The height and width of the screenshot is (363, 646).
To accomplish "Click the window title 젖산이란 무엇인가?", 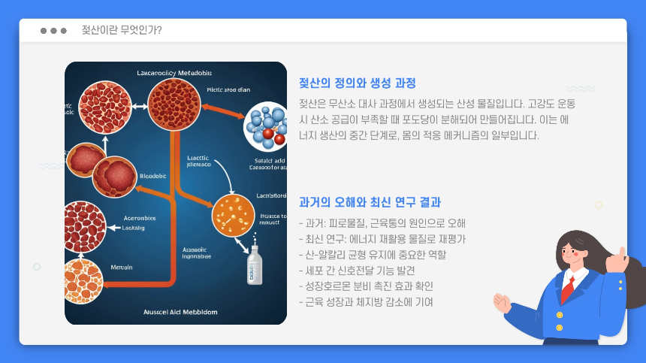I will (x=122, y=30).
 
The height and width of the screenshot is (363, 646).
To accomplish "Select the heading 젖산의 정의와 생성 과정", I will (x=358, y=83).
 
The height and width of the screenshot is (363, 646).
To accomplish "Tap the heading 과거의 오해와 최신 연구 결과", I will (x=370, y=202).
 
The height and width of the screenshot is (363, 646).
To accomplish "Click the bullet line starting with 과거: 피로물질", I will (x=382, y=223).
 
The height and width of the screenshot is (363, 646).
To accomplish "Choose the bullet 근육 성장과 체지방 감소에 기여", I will (x=366, y=302).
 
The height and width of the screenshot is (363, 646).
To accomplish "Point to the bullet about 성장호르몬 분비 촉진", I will (x=366, y=286).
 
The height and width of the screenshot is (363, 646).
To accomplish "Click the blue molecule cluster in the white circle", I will (x=267, y=125).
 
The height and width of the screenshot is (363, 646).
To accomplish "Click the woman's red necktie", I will (x=570, y=287).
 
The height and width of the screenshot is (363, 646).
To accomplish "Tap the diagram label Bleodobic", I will (x=153, y=176).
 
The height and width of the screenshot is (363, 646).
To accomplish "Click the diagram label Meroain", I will (x=122, y=267).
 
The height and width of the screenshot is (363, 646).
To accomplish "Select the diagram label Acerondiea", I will (x=139, y=219).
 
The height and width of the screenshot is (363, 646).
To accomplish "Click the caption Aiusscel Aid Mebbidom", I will (x=176, y=310).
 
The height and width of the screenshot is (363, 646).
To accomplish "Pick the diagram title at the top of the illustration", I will (x=174, y=73).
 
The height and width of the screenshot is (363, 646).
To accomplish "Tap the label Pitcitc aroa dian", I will (x=228, y=89).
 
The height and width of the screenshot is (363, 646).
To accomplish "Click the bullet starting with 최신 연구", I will (x=382, y=239).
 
